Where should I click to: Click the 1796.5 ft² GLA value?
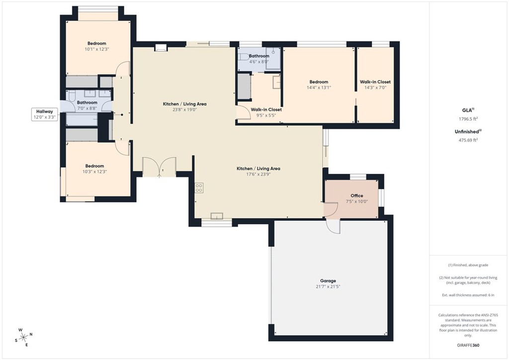(469, 119)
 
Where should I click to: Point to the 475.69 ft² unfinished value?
(468, 140)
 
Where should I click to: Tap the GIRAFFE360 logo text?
(469, 345)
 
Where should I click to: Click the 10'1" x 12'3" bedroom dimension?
(96, 49)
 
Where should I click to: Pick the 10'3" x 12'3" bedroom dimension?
(94, 172)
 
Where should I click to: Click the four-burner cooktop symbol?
(199, 187)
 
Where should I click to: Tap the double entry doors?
(159, 167)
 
